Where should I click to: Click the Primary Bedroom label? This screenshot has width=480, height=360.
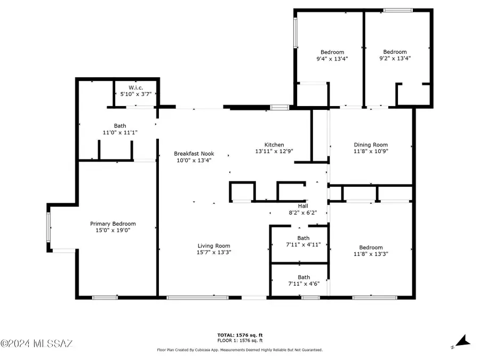tap(113, 223)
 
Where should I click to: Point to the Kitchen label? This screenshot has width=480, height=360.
tap(274, 145)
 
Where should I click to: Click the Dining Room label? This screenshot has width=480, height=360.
tap(371, 145)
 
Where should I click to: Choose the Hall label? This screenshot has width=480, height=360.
tap(302, 205)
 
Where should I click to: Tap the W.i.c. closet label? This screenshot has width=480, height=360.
tap(135, 87)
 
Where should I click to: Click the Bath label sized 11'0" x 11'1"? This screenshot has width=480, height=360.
tap(120, 126)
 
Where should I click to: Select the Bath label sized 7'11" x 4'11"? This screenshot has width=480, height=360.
tap(303, 238)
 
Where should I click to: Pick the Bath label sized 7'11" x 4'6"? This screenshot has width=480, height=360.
tap(303, 277)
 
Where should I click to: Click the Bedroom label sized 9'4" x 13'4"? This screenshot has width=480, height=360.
tap(332, 52)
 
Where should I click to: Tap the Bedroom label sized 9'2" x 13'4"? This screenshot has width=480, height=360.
tap(395, 52)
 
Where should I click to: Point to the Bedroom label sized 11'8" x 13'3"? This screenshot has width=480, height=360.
tap(371, 247)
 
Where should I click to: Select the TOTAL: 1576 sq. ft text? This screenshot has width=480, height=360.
tap(239, 335)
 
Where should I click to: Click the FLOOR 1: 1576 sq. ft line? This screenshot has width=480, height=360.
tap(239, 340)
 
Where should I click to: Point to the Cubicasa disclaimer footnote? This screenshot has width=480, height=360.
tap(239, 350)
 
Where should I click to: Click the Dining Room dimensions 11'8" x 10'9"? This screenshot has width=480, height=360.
tap(371, 151)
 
